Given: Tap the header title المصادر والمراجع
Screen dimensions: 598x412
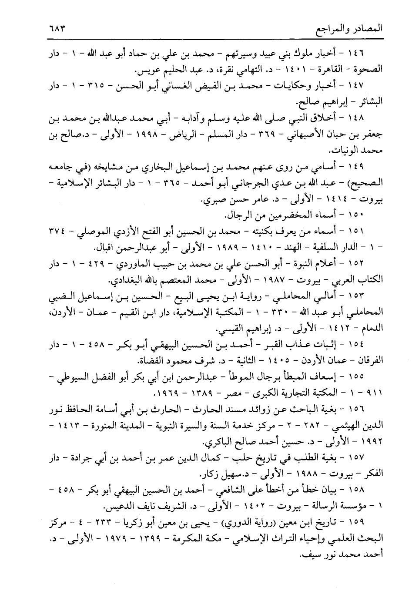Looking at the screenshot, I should (348, 31).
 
